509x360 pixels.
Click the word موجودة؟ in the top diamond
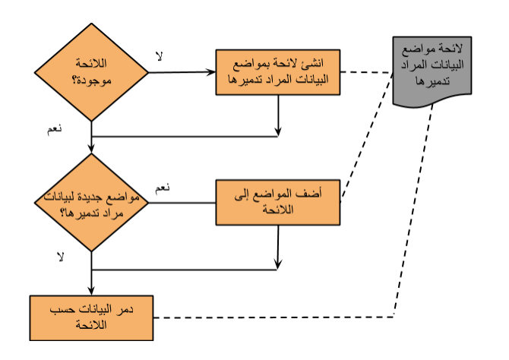91,80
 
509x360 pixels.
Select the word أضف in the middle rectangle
312,194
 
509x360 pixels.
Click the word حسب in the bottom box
58,309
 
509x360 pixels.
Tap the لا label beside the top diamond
159,56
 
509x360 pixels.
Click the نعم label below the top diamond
55,129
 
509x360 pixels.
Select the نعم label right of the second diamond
163,188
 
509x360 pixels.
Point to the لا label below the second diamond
60,257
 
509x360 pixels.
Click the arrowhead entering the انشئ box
211,71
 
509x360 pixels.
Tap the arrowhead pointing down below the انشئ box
278,131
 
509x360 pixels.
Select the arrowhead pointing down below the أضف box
277,264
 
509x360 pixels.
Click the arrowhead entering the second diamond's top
91,148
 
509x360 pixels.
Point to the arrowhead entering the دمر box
91,291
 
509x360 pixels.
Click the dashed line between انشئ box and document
366,72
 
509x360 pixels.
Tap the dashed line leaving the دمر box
273,317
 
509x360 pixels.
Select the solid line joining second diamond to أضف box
182,203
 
